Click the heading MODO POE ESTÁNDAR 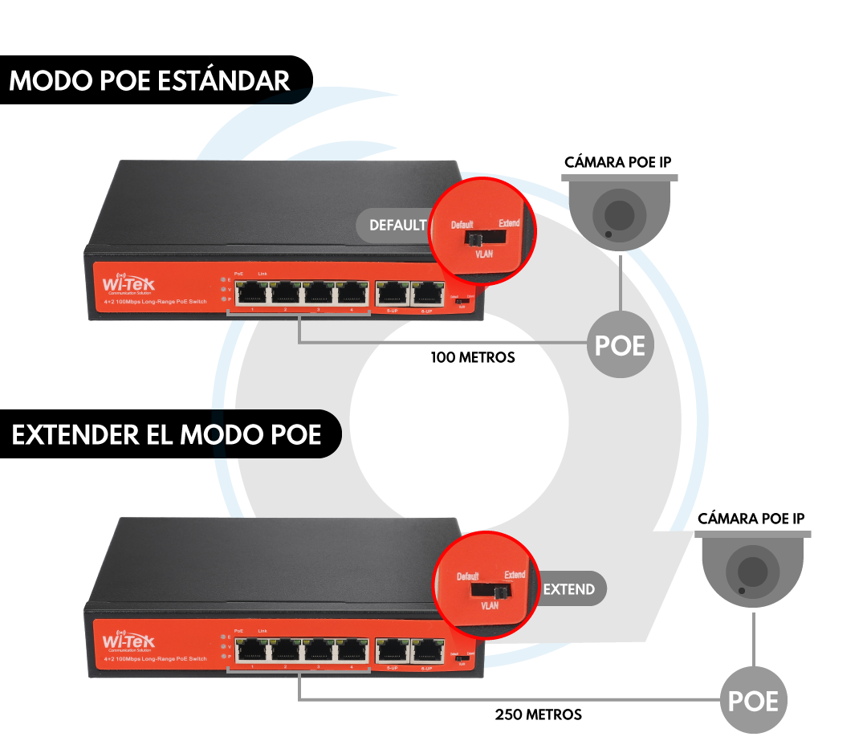pos(149,81)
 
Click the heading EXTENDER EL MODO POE pos(166,435)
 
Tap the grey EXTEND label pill pos(570,589)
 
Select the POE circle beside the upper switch pos(620,344)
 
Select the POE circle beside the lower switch pos(753,701)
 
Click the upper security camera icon pos(619,213)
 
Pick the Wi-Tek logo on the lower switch pos(129,641)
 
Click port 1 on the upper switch pos(253,293)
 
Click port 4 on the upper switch pos(352,293)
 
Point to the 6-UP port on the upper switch pos(427,293)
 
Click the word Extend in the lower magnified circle pos(515,575)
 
